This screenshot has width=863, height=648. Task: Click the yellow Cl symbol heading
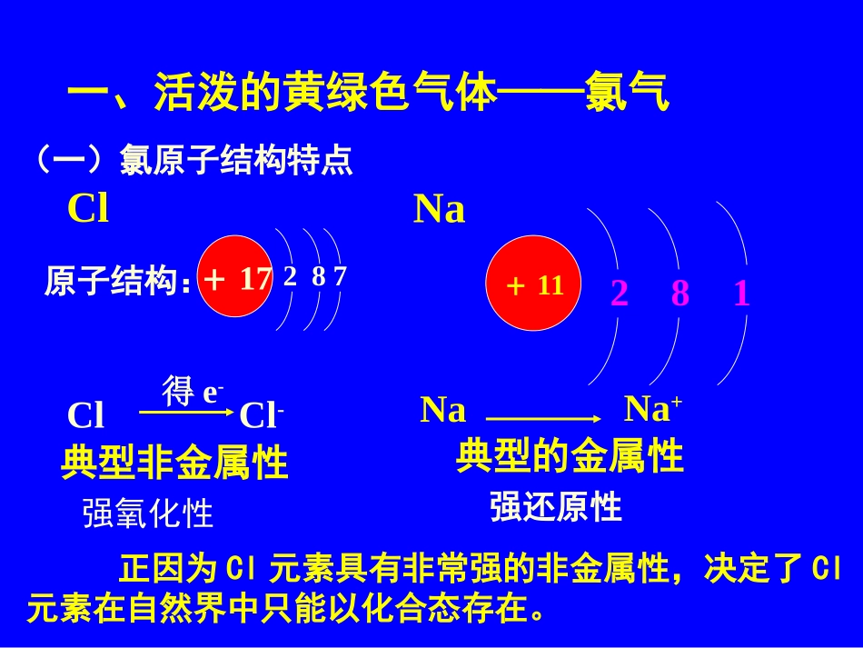coord(88,210)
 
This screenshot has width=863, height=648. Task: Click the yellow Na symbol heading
coord(440,210)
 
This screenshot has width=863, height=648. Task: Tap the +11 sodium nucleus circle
coord(536,286)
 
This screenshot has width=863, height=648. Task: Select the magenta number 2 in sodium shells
coord(620,294)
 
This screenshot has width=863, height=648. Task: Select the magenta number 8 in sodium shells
coord(680,294)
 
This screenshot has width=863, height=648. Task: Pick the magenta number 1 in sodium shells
coord(742,294)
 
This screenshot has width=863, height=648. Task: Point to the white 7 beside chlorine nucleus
coord(340,276)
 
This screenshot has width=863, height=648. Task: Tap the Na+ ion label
coord(653,410)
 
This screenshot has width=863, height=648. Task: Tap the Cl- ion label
coord(262,416)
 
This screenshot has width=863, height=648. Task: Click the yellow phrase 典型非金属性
coord(174,463)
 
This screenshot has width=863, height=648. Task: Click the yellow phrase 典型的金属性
coord(570,455)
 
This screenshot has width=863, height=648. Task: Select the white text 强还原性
coord(556,506)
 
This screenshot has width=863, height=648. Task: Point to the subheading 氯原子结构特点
coord(236,161)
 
